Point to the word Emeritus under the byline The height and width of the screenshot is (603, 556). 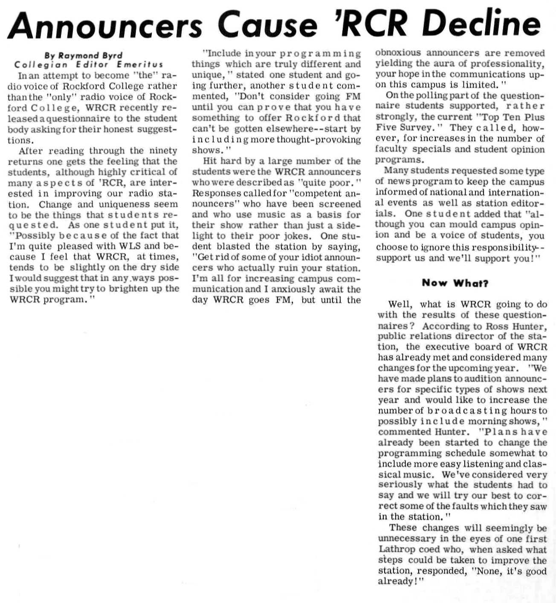coord(140,65)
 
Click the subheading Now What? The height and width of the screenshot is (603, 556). coord(455,283)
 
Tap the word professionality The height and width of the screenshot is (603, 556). coord(508,64)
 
